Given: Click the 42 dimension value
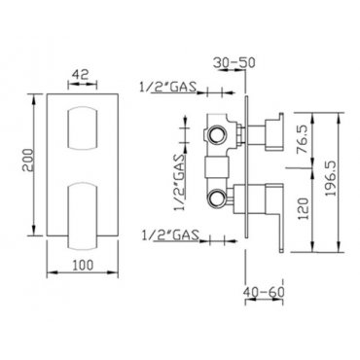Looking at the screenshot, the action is [80, 75].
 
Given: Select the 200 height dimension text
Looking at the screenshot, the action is [27, 161].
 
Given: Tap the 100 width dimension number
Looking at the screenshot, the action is [83, 265].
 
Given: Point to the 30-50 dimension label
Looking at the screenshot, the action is [234, 62].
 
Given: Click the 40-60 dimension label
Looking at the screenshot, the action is [264, 292].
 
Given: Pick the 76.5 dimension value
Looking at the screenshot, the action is [303, 141].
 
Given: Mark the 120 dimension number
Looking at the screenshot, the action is [304, 208].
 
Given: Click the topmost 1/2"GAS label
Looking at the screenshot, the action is [168, 87].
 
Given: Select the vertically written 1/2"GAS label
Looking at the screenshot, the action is [179, 183].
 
